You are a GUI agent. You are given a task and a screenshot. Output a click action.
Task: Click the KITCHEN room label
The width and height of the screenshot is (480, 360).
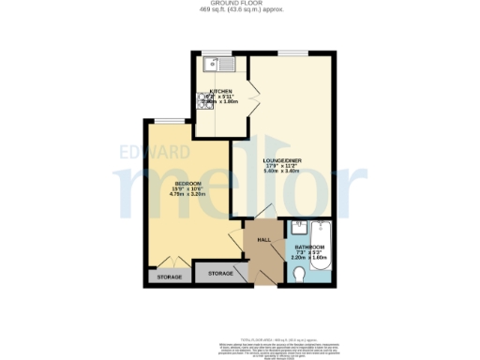pyautogui.click(x=220, y=91)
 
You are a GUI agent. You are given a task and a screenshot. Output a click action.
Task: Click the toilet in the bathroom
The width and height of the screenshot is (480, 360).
pyautogui.click(x=300, y=274)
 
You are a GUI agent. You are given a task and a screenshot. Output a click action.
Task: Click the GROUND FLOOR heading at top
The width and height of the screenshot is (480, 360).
pyautogui.click(x=240, y=4)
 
